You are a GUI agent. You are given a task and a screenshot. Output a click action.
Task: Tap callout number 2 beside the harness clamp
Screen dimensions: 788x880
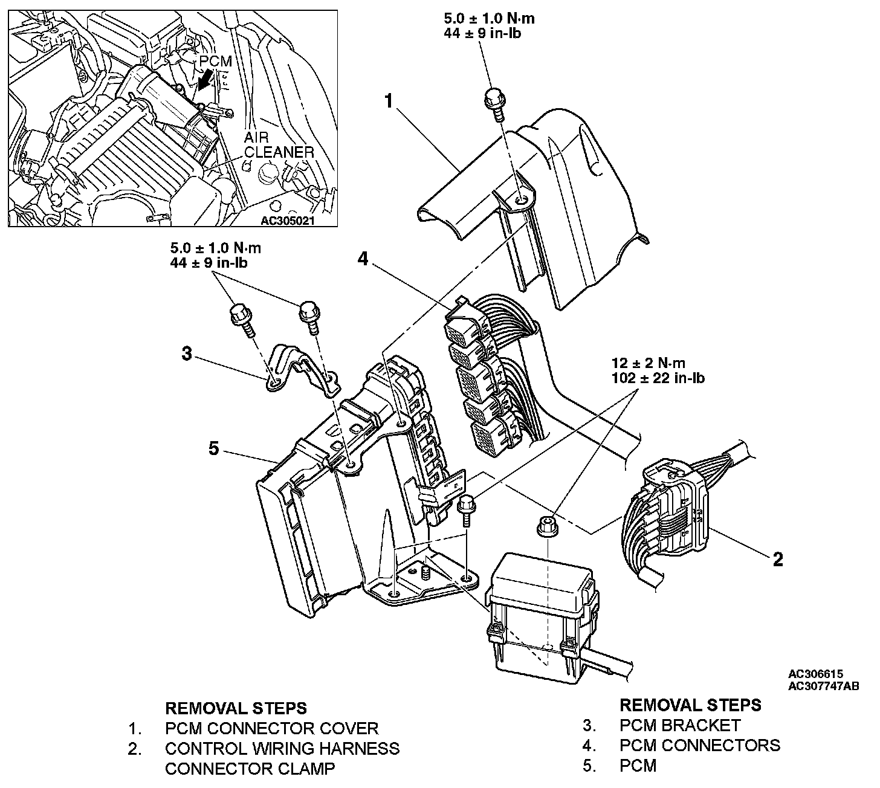[778, 559]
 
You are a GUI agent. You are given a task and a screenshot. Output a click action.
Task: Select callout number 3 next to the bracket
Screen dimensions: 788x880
[187, 354]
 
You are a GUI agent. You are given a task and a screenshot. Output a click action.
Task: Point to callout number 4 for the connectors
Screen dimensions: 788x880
[362, 259]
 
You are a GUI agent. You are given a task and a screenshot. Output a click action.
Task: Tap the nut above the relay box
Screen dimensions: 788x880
[547, 525]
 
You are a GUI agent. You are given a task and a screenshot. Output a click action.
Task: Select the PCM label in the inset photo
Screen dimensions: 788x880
[216, 62]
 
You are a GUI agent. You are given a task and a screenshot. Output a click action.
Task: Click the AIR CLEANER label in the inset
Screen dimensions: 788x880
[279, 145]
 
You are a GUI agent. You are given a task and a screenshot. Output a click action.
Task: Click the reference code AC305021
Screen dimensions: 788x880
[288, 221]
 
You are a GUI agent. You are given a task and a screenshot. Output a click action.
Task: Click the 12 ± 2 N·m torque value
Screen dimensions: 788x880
[649, 363]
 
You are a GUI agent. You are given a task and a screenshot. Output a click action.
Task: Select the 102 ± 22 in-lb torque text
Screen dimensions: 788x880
[658, 378]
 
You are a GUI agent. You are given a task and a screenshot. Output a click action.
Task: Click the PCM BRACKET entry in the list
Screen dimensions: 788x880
[679, 725]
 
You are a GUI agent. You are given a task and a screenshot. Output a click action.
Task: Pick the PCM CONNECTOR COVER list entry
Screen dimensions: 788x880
[271, 728]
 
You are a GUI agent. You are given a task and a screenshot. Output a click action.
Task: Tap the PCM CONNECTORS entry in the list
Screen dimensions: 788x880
[699, 745]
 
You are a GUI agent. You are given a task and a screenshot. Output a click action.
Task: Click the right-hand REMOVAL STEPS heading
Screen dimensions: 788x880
[690, 705]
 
